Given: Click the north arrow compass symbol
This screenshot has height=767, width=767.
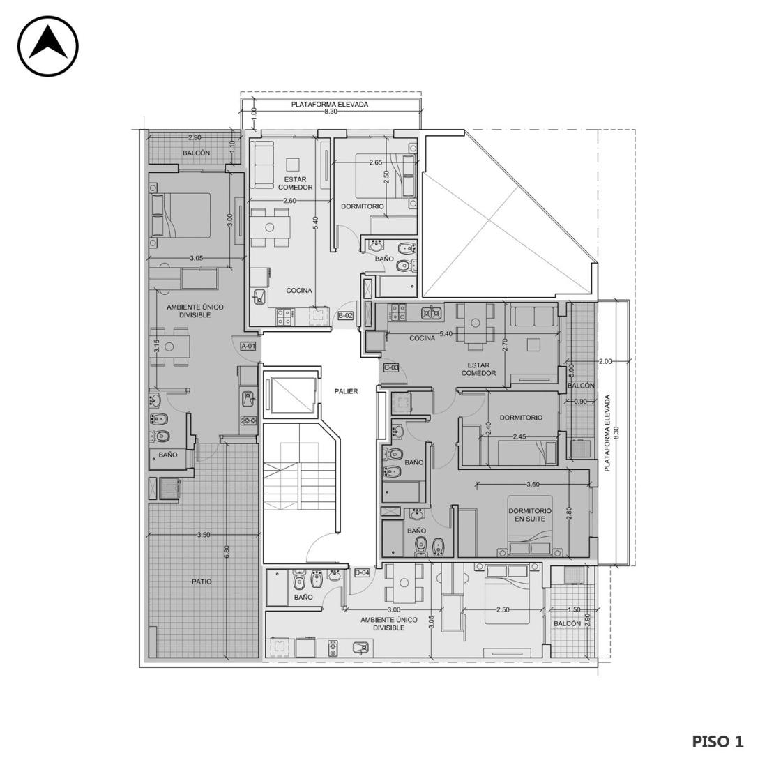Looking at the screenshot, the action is [x=48, y=46].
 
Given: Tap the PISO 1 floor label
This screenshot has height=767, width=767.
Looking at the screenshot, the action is [x=717, y=742].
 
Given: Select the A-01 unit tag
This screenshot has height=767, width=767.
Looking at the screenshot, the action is [x=248, y=346].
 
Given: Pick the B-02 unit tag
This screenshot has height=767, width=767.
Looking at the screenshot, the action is [x=346, y=315].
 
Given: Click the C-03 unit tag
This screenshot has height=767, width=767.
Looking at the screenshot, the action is [x=391, y=367].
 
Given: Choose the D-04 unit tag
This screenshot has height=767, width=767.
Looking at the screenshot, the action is [x=362, y=572].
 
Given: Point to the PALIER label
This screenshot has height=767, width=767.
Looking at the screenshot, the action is [x=346, y=391].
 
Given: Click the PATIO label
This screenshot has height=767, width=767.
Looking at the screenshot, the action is [x=202, y=582].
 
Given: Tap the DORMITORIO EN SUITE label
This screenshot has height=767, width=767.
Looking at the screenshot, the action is [x=529, y=515].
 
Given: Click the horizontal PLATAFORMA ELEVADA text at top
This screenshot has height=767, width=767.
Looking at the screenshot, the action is [x=330, y=104].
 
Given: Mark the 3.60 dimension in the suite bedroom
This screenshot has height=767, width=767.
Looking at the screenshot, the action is [x=533, y=485].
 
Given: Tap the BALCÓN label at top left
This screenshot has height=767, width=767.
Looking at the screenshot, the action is [x=197, y=153].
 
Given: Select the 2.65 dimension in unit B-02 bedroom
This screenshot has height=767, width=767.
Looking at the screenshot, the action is [x=376, y=162].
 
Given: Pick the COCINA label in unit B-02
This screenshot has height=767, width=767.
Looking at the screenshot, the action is [x=299, y=291].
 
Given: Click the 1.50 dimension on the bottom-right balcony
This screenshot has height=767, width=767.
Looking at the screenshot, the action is [x=574, y=609].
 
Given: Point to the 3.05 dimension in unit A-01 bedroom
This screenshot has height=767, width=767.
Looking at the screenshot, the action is [x=196, y=258].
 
